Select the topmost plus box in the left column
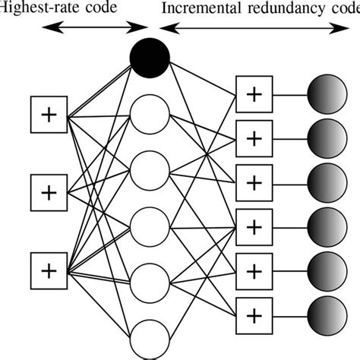pyautogui.click(x=49, y=115)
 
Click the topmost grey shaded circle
pyautogui.click(x=327, y=96)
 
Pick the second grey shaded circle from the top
pyautogui.click(x=327, y=139)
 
